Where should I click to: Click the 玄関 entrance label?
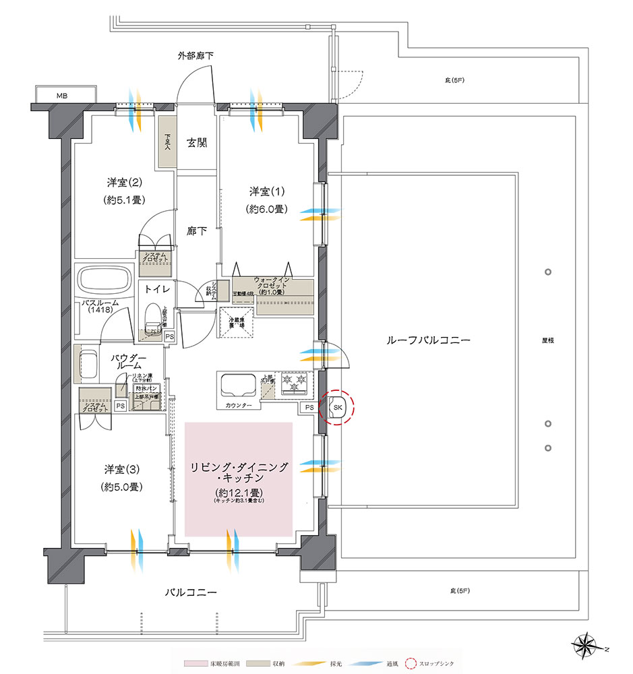197,143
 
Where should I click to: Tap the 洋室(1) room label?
266,190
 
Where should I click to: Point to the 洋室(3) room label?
122,468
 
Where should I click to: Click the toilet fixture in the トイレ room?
152,319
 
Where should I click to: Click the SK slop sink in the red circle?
337,407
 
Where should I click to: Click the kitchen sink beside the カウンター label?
237,386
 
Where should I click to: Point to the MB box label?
61,95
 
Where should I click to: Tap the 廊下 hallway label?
197,231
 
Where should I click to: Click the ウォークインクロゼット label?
273,285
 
